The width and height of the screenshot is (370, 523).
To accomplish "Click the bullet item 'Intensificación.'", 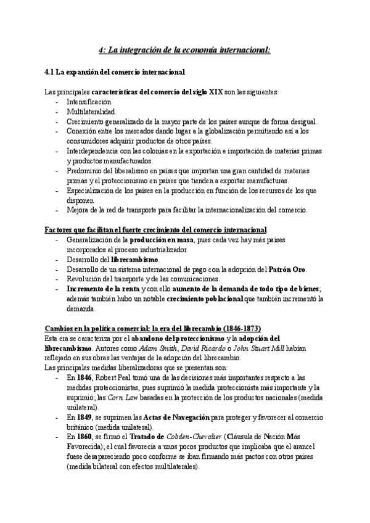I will click(89, 102).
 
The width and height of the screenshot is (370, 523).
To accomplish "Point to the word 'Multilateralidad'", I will click(91, 112).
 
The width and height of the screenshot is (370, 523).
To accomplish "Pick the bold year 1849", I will click(85, 417).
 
